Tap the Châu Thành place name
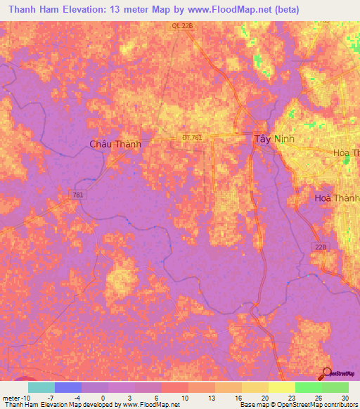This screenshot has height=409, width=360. (x=115, y=144)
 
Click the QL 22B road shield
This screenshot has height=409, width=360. (x=181, y=25)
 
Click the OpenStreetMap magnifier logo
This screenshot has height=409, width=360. (x=327, y=372)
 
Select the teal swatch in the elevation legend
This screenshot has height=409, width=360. (x=41, y=387)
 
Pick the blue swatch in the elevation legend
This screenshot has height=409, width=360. (x=67, y=387)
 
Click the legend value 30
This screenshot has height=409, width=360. (x=345, y=397)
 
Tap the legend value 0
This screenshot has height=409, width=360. (x=104, y=397)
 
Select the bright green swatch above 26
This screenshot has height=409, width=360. (x=308, y=387)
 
